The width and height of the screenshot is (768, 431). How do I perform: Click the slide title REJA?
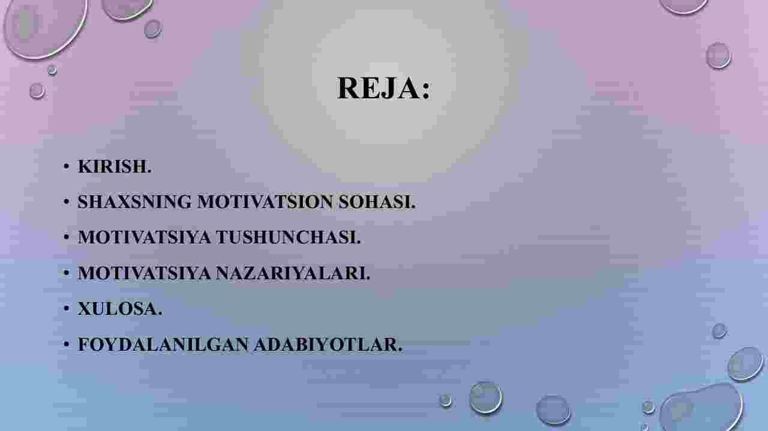click(383, 88)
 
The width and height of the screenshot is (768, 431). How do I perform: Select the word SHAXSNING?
click(134, 201)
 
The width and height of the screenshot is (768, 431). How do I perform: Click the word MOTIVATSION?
click(265, 201)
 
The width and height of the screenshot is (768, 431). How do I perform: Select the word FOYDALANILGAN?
click(163, 344)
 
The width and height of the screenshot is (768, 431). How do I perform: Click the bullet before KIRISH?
click(66, 167)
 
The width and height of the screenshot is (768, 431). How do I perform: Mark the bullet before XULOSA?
click(66, 309)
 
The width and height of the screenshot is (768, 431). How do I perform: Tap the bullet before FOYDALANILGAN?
click(66, 344)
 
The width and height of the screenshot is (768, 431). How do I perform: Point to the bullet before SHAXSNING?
click(66, 202)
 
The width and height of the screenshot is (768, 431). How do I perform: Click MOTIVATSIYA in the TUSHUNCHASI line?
click(145, 237)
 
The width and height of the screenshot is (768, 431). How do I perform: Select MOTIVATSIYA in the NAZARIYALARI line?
click(145, 273)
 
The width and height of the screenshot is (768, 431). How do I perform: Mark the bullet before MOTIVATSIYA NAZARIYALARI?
click(66, 273)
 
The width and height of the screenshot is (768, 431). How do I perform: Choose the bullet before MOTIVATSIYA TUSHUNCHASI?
click(66, 237)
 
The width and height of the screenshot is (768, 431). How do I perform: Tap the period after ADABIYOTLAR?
click(400, 350)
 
